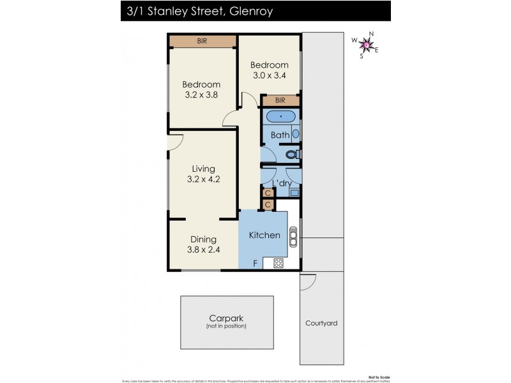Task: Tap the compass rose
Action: [x=365, y=44]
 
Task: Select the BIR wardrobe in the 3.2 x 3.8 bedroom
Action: [x=202, y=41]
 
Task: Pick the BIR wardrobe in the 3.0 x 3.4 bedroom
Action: [x=280, y=101]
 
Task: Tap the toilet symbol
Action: [x=293, y=154]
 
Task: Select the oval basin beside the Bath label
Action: [x=295, y=135]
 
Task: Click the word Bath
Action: [x=280, y=135]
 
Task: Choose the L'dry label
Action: [x=282, y=184]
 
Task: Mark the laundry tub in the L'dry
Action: [x=294, y=191]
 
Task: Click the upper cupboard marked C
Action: [x=268, y=193]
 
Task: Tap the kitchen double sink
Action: [x=293, y=237]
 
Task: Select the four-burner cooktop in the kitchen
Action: [x=278, y=262]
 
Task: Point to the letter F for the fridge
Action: [x=255, y=263]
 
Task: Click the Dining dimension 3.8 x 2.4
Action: [x=204, y=250]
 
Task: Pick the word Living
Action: [x=203, y=169]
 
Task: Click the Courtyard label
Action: [x=321, y=323]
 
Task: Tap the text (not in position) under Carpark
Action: [x=226, y=326]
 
